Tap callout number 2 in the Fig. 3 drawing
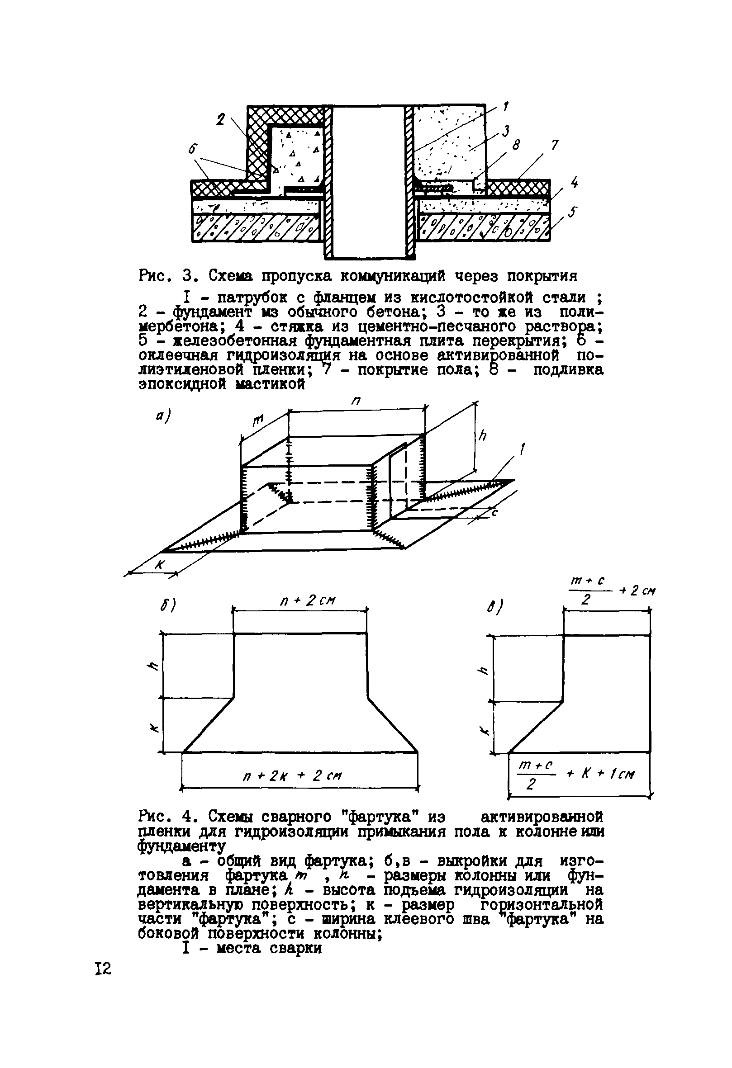click(221, 120)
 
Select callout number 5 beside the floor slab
click(572, 213)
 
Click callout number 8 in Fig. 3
click(516, 145)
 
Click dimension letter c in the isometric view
click(495, 513)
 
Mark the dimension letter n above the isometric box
click(356, 401)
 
